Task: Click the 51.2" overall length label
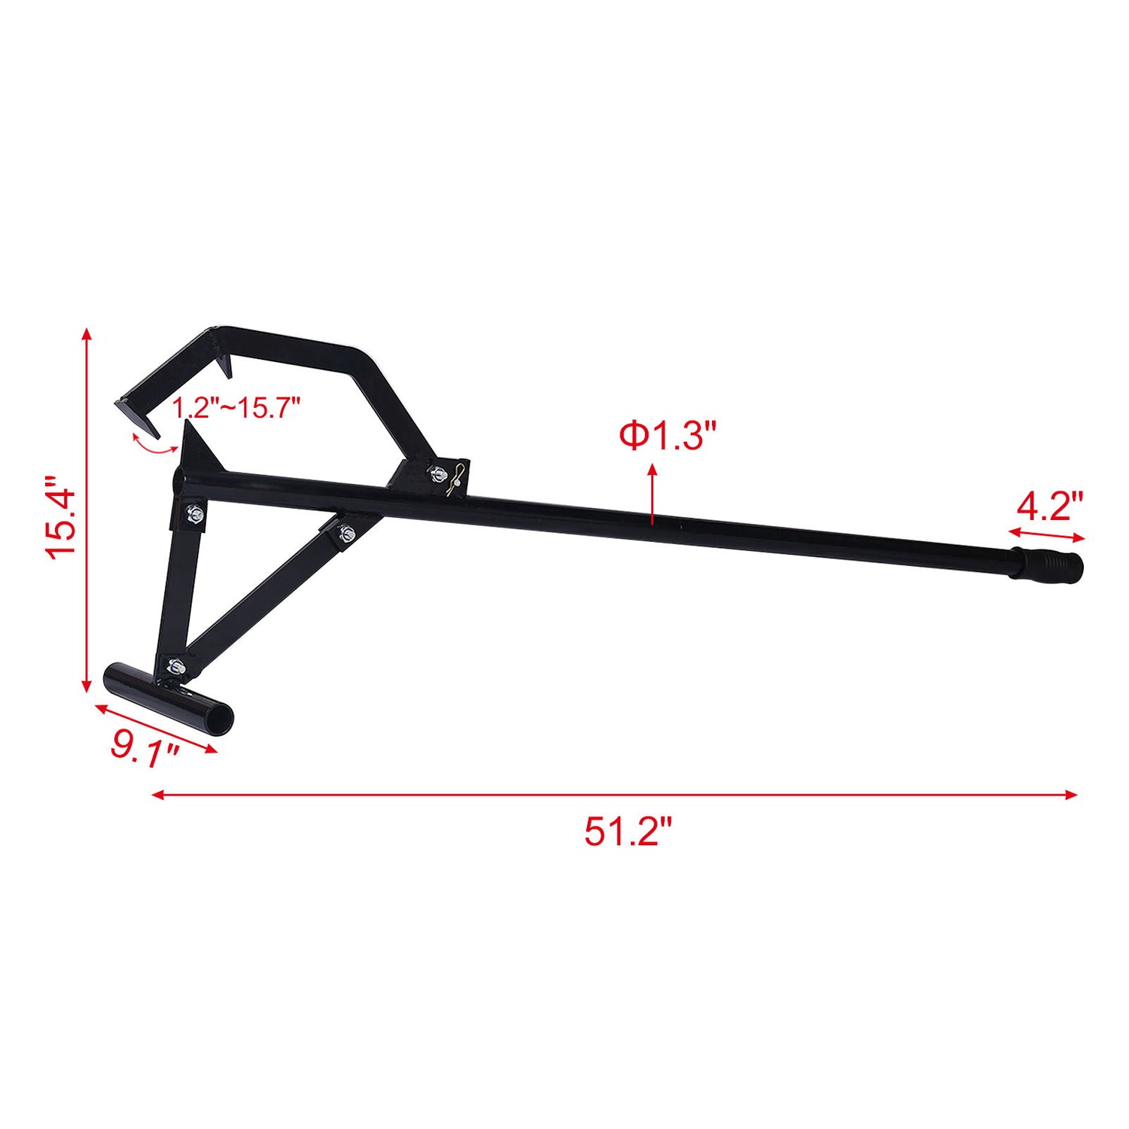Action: click(627, 832)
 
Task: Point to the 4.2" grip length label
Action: click(1049, 507)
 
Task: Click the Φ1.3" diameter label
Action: click(667, 437)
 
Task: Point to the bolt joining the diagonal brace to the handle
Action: click(346, 534)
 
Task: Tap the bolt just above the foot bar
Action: click(175, 665)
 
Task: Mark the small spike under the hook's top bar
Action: click(228, 369)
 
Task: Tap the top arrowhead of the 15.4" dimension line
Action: click(87, 334)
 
